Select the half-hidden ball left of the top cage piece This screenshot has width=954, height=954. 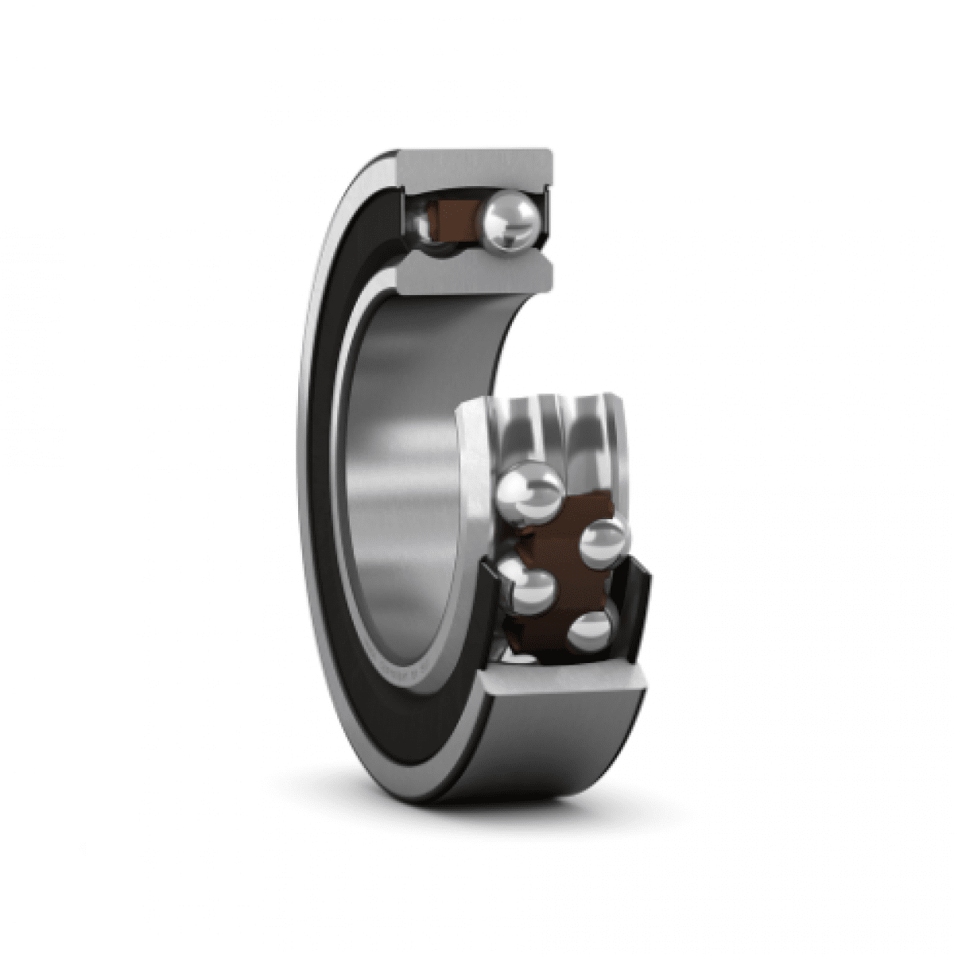tap(424, 227)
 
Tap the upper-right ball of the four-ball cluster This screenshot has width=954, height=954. tap(606, 545)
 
